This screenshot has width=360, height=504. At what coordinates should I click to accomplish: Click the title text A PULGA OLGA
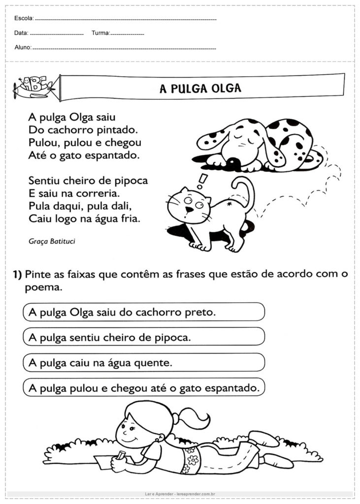click(x=200, y=88)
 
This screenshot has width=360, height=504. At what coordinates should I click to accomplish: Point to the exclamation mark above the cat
click(x=200, y=182)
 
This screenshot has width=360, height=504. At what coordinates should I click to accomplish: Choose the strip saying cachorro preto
click(x=143, y=312)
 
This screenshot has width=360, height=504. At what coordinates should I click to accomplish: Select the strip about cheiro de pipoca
click(x=143, y=337)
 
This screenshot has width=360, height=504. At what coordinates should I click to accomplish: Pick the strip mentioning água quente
click(x=143, y=363)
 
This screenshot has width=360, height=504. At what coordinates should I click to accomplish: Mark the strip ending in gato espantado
click(x=143, y=388)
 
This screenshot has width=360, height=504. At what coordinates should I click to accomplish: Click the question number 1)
click(x=17, y=275)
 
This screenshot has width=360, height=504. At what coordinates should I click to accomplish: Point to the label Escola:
click(x=24, y=18)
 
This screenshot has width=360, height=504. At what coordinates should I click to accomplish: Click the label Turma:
click(x=100, y=33)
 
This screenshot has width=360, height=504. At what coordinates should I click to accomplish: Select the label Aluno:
click(x=23, y=48)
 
